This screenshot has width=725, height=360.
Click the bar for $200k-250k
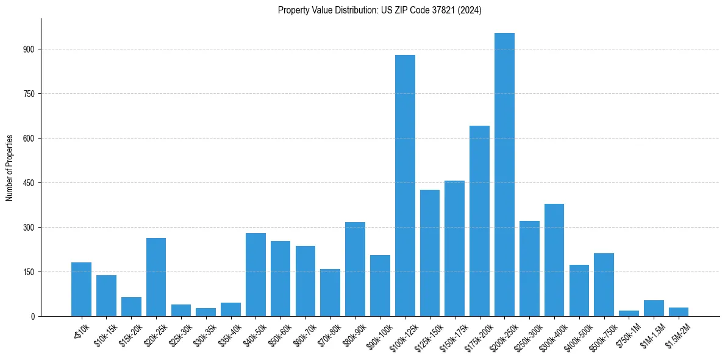pyautogui.click(x=504, y=175)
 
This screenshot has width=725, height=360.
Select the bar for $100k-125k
pyautogui.click(x=405, y=185)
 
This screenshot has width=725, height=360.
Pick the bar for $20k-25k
pyautogui.click(x=156, y=277)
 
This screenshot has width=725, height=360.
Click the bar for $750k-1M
pyautogui.click(x=629, y=314)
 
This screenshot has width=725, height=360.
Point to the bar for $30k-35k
pyautogui.click(x=205, y=312)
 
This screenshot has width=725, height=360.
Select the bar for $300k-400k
pyautogui.click(x=554, y=260)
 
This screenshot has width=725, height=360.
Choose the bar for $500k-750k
pyautogui.click(x=604, y=284)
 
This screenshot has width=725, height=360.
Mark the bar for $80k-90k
pyautogui.click(x=355, y=269)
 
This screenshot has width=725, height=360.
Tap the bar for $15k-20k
pyautogui.click(x=131, y=306)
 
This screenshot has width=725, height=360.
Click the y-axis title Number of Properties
pyautogui.click(x=10, y=168)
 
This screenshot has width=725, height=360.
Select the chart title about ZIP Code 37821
pyautogui.click(x=379, y=10)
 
